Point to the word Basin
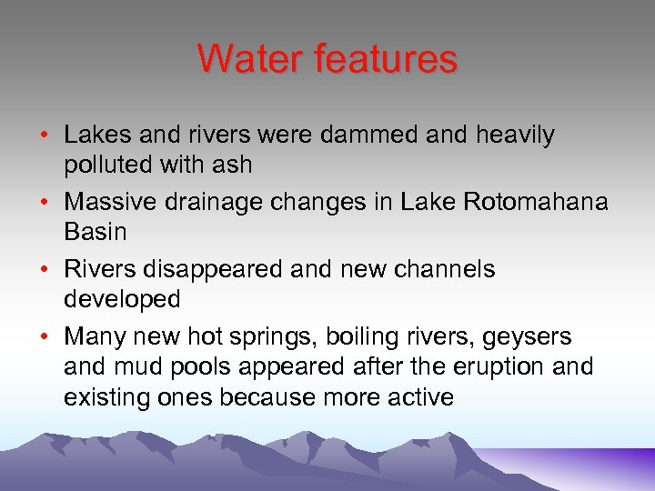tap(96, 232)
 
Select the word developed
tap(122, 299)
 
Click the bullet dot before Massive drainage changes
tap(45, 203)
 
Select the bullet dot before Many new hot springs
tap(45, 337)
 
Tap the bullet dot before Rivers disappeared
tap(45, 270)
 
